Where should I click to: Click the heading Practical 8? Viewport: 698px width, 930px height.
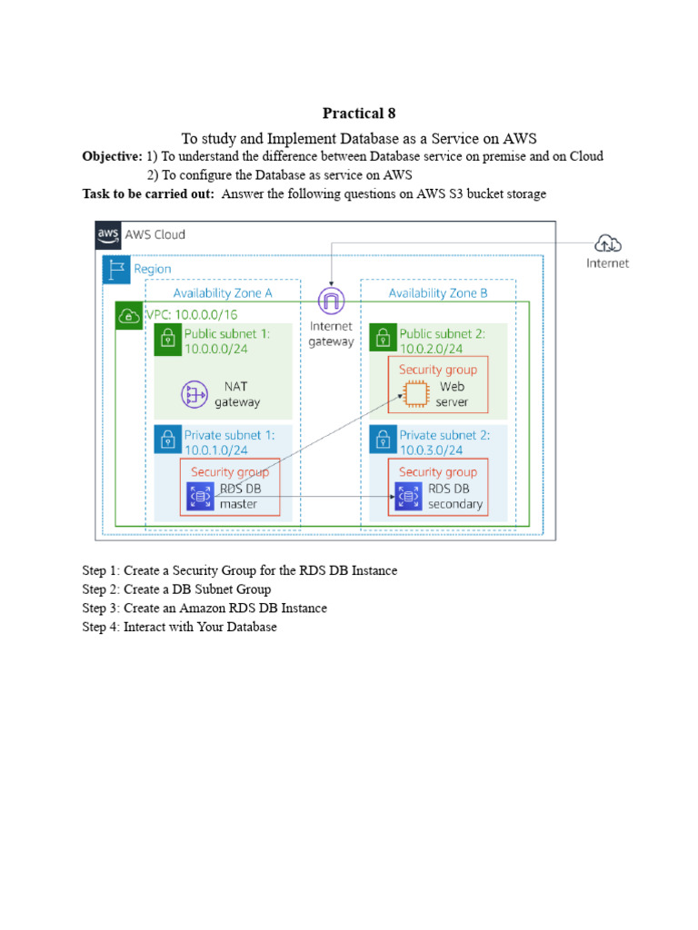click(x=359, y=114)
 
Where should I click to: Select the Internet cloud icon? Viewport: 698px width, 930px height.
click(x=606, y=242)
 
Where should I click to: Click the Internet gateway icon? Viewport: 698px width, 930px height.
click(x=331, y=301)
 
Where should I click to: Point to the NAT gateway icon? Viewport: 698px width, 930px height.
click(x=194, y=394)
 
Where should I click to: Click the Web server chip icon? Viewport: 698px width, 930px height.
click(x=414, y=393)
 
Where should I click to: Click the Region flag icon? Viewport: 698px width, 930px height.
click(x=116, y=269)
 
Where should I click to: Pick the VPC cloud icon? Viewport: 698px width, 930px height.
click(x=129, y=316)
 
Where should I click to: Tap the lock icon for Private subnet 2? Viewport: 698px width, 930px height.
click(x=383, y=441)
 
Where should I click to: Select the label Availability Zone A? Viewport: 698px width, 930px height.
click(x=223, y=292)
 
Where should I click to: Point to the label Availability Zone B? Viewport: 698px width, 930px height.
click(x=438, y=292)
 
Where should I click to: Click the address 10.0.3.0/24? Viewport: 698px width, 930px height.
click(x=431, y=450)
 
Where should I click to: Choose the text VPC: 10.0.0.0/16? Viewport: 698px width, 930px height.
click(x=190, y=314)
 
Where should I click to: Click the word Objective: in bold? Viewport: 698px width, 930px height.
click(x=112, y=156)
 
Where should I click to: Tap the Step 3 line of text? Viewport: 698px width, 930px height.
click(x=204, y=608)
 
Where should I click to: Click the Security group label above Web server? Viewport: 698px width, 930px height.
click(x=438, y=370)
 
